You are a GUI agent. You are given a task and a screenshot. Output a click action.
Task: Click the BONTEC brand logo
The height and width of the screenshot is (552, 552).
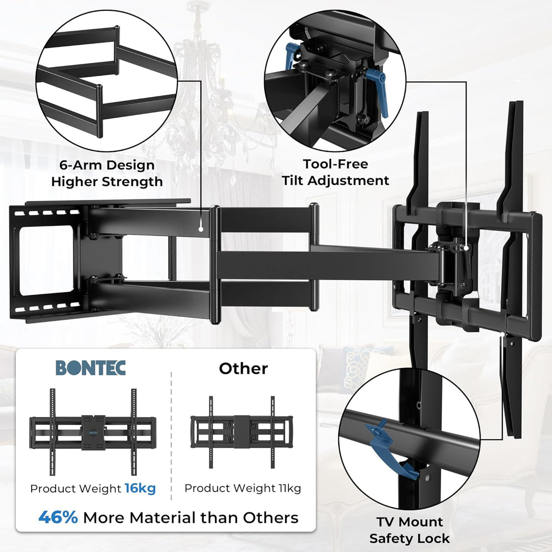90,368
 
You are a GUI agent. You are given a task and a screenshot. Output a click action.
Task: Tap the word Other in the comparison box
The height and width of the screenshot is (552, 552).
243,369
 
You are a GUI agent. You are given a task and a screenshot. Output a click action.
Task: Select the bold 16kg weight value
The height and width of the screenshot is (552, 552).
140,489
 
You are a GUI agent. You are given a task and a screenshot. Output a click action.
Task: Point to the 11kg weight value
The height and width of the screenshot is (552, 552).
287,489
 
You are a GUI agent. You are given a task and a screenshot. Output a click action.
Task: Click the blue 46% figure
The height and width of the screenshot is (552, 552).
58,517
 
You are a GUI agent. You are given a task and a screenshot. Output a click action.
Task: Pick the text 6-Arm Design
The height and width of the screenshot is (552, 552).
107,165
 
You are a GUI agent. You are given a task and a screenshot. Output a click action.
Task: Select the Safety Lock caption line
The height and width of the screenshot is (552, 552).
409,538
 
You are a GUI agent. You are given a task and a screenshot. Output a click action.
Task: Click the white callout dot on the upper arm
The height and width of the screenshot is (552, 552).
201,229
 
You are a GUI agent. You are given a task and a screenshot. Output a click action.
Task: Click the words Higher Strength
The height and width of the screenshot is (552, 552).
107,181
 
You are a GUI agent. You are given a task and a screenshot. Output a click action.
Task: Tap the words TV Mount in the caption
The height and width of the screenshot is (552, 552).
410,522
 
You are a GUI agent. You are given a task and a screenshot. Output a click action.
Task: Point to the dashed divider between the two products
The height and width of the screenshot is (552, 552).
171,434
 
